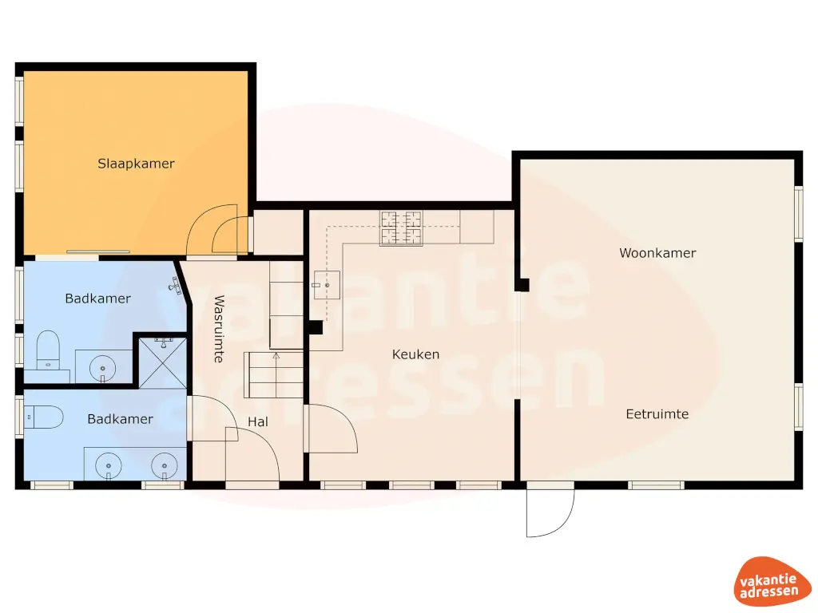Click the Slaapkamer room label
pos(136,164)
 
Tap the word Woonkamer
pos(657,253)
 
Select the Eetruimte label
pos(657,414)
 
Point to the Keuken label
pos(415,354)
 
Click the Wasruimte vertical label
pos(218,330)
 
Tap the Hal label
pos(257,421)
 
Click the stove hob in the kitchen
pos(401,227)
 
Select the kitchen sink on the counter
pos(328,284)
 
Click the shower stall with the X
pos(163,362)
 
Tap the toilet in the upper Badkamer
pos(48,349)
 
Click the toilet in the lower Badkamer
pos(44,416)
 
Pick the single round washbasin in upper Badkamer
pos(103,368)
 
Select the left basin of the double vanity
pos(108,463)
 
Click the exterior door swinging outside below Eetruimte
pos(551,511)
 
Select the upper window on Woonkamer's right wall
pos(797,213)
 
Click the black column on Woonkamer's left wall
pos(523,284)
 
